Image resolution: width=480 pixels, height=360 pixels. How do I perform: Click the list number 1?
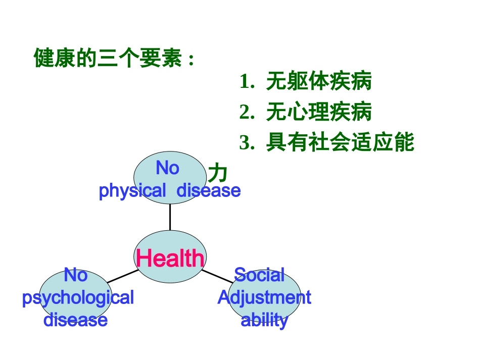coord(247,82)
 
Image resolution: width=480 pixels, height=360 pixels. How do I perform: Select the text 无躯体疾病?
coord(319,82)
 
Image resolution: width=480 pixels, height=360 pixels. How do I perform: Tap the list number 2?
coord(247,112)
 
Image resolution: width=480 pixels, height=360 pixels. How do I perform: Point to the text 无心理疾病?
coord(319,112)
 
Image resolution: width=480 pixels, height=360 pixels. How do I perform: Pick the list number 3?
coord(247,143)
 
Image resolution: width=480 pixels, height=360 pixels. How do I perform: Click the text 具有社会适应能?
coord(340,143)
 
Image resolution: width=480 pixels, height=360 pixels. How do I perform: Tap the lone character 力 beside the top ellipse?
coord(218,173)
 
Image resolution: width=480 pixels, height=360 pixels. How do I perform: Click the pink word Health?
coord(170,259)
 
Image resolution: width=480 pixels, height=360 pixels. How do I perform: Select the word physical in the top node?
coord(132,191)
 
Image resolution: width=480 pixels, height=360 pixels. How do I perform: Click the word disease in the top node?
coord(208,191)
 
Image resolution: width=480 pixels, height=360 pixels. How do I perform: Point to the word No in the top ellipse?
coord(167,168)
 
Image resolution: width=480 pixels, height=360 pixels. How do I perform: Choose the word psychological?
coord(78,297)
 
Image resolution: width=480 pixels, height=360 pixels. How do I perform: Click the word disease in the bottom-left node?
coord(75,320)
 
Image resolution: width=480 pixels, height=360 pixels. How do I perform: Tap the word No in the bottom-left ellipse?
coord(75,275)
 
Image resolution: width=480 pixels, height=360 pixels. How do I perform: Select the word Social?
coord(259,275)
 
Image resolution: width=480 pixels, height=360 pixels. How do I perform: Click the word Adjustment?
coord(264,297)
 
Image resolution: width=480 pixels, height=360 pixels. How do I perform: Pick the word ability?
coord(264,320)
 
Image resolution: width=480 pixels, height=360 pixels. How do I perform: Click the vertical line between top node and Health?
coord(170,217)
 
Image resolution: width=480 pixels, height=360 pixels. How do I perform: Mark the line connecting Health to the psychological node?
coord(122,276)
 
